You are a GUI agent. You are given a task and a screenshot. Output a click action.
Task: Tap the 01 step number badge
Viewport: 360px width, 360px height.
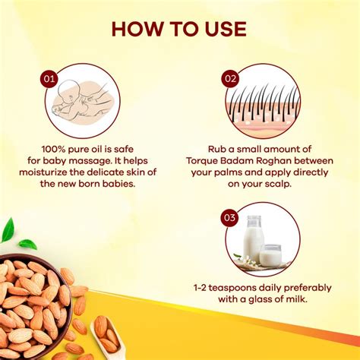click(49, 78)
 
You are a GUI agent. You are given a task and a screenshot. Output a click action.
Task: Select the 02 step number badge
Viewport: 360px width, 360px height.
click(230, 78)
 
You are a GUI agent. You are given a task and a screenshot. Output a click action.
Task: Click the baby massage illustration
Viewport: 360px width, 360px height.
click(76, 100)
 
